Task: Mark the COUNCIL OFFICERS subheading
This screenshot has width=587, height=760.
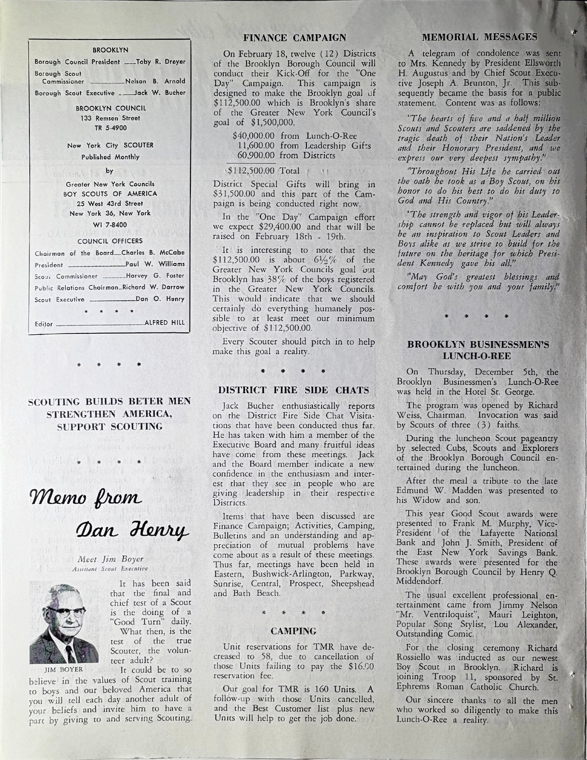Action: pyautogui.click(x=110, y=241)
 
